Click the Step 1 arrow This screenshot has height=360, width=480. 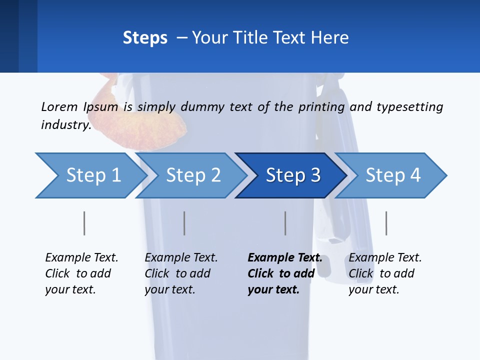pyautogui.click(x=90, y=175)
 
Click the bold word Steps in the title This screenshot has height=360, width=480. pyautogui.click(x=145, y=38)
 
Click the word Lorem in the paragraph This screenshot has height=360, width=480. pyautogui.click(x=59, y=106)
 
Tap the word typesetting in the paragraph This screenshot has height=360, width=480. pyautogui.click(x=409, y=107)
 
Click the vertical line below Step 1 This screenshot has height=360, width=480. pyautogui.click(x=84, y=223)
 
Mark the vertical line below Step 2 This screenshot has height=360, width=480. pyautogui.click(x=184, y=223)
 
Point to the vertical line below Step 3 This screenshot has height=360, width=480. pyautogui.click(x=285, y=223)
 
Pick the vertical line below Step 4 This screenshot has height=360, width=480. pyautogui.click(x=386, y=223)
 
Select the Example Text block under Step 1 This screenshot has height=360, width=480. pyautogui.click(x=81, y=273)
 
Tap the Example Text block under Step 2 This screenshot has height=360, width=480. pyautogui.click(x=180, y=273)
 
